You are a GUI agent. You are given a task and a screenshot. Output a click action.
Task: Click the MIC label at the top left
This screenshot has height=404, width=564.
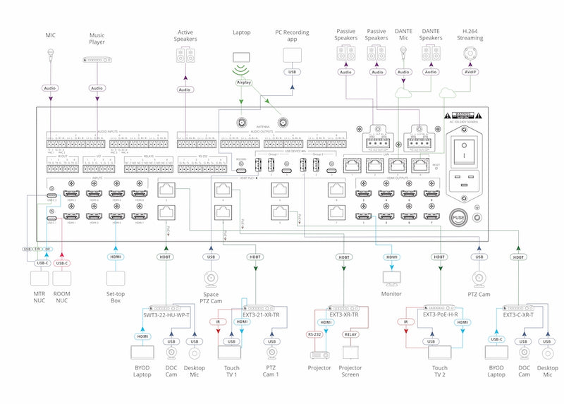[50, 35]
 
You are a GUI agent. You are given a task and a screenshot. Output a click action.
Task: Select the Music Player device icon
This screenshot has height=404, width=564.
[97, 61]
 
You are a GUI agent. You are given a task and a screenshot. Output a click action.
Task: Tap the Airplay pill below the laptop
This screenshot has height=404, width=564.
[242, 82]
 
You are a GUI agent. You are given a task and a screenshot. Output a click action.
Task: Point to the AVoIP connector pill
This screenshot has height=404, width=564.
[469, 72]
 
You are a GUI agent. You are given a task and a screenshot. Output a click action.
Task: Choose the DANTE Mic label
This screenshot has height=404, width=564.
[403, 35]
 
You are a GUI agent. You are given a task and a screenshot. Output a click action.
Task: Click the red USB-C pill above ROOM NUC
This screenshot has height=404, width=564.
[62, 263]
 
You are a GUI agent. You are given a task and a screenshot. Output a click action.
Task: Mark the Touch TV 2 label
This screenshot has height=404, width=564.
[440, 372]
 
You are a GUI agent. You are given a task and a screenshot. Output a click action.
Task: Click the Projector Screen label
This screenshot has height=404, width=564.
[350, 372]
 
